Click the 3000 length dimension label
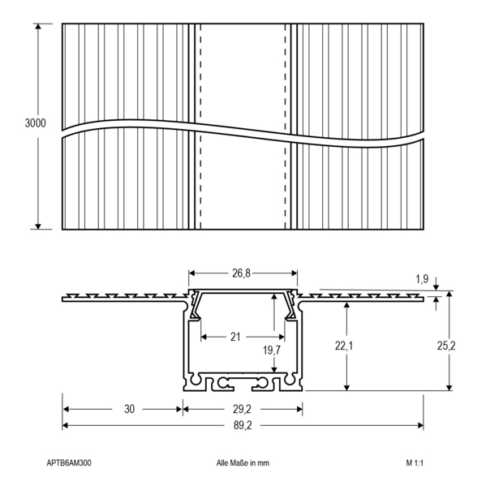[x=35, y=123]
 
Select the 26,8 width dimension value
[x=241, y=273]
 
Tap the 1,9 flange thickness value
[x=422, y=279]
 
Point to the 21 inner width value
[x=235, y=337]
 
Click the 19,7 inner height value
[x=272, y=351]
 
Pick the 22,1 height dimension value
[x=344, y=346]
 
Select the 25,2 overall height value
[x=446, y=346]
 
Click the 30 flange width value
[x=129, y=409]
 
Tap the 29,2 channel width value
[x=242, y=409]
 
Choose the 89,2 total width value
[x=243, y=426]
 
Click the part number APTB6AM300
[x=69, y=463]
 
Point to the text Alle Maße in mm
[x=243, y=463]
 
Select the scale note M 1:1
[x=415, y=463]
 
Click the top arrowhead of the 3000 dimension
[x=38, y=26]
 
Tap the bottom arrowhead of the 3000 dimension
[x=38, y=226]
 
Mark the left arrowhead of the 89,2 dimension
[x=65, y=426]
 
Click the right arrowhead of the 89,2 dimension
[x=420, y=426]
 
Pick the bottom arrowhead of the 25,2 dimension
[x=449, y=388]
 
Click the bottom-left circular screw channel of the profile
[x=196, y=380]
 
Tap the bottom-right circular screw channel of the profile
[x=290, y=380]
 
